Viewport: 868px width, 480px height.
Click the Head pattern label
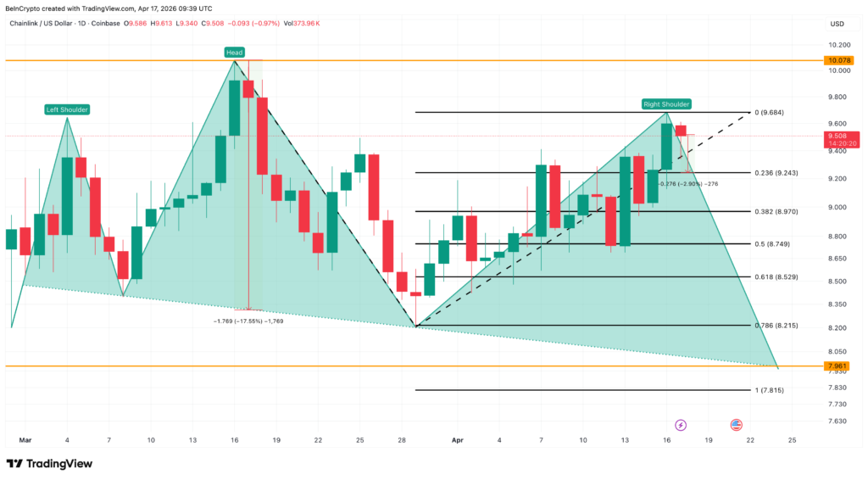[234, 53]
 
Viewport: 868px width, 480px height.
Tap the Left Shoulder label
[67, 109]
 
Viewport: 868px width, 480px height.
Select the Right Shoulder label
[666, 104]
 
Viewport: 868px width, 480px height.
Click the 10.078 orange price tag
[839, 61]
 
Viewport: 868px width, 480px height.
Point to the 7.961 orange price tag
[838, 366]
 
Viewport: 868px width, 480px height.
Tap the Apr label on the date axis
[458, 440]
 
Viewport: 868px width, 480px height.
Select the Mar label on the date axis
[25, 440]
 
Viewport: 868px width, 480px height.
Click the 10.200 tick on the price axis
[839, 45]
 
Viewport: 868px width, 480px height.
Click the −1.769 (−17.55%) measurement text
[248, 321]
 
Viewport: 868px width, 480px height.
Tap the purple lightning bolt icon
[680, 424]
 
